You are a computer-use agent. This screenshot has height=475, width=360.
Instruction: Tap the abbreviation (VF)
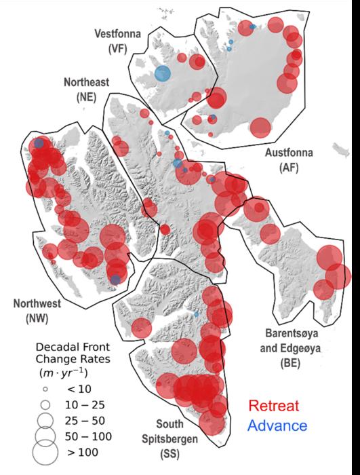click(116, 50)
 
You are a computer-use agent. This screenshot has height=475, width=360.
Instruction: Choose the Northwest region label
click(31, 303)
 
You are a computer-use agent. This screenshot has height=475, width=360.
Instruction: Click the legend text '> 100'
click(81, 451)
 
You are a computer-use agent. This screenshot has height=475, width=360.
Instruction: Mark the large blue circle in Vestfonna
click(163, 74)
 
